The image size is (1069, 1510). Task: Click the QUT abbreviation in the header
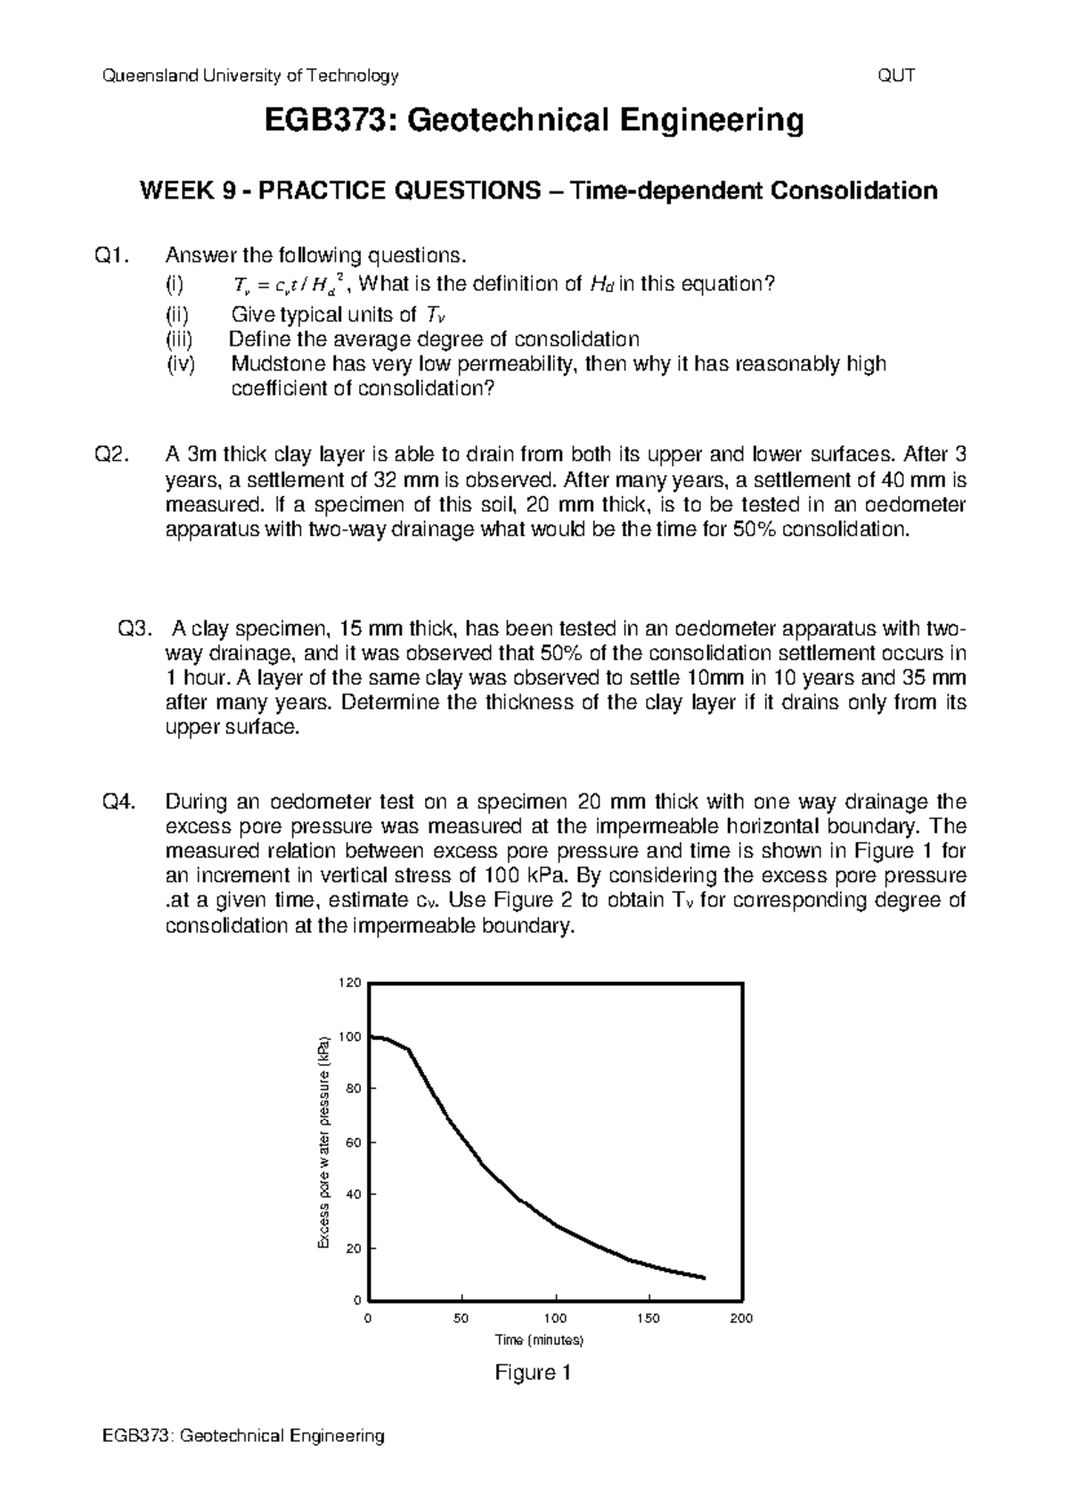click(x=896, y=76)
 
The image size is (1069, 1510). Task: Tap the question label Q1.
click(x=112, y=256)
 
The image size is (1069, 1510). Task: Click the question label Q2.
click(x=112, y=455)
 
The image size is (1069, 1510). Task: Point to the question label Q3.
click(x=135, y=629)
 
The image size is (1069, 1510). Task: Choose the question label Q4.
click(x=119, y=801)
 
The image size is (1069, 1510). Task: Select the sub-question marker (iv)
click(x=181, y=364)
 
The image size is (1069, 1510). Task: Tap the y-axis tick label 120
click(x=348, y=983)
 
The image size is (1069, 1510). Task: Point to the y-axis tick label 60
click(x=353, y=1142)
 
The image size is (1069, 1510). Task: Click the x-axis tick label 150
click(x=649, y=1319)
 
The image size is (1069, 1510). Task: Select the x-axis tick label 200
click(x=741, y=1319)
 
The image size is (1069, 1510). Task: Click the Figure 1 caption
click(x=532, y=1373)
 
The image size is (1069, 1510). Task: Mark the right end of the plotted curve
click(x=704, y=1278)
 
